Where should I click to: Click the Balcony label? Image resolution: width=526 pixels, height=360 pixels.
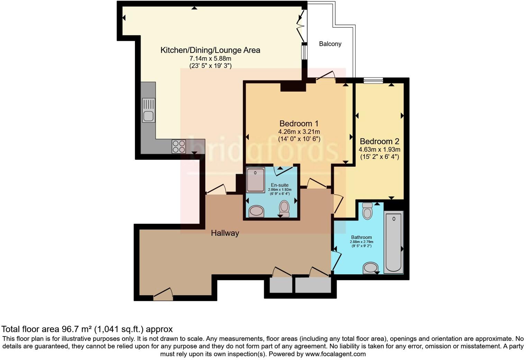[x=330, y=44]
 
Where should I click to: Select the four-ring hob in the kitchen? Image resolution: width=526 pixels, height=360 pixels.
[x=179, y=146]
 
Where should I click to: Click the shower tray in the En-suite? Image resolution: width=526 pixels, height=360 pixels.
[x=255, y=180]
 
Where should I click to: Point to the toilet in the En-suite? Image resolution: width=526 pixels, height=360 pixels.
[x=284, y=209]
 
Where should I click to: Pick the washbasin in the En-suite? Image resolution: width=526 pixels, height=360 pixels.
[x=256, y=211]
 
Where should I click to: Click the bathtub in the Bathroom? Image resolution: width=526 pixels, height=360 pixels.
[x=393, y=242]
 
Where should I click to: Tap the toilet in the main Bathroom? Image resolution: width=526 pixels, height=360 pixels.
[x=367, y=211]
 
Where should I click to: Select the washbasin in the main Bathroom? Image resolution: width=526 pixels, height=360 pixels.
[x=371, y=268]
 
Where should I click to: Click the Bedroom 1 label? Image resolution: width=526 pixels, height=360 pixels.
[x=299, y=124]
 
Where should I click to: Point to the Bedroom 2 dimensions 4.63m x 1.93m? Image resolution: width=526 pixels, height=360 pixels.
[x=379, y=150]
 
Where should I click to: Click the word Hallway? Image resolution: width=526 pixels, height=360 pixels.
[x=225, y=233]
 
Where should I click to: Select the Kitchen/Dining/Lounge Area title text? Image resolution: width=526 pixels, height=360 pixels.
[x=210, y=50]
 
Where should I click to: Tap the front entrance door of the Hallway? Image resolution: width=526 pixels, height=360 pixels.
[x=163, y=294]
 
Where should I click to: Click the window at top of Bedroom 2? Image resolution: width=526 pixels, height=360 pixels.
[x=373, y=80]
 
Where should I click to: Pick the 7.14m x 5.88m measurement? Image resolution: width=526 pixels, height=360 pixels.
[x=210, y=58]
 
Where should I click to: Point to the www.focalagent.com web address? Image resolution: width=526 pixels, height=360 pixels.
[x=335, y=354]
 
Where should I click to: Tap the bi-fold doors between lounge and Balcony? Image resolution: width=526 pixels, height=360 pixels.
[x=301, y=24]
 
